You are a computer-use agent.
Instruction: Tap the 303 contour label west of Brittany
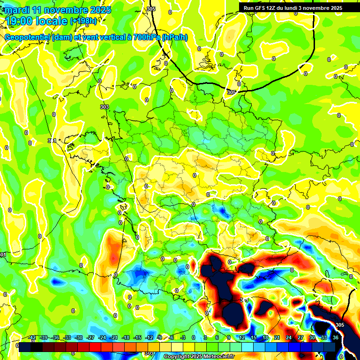pos(105,107)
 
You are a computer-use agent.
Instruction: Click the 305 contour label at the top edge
pos(150,9)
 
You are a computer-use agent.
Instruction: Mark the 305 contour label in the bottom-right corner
pos(340,325)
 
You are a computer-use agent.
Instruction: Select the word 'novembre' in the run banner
pos(315,8)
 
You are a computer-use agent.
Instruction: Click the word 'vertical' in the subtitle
pos(101,37)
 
